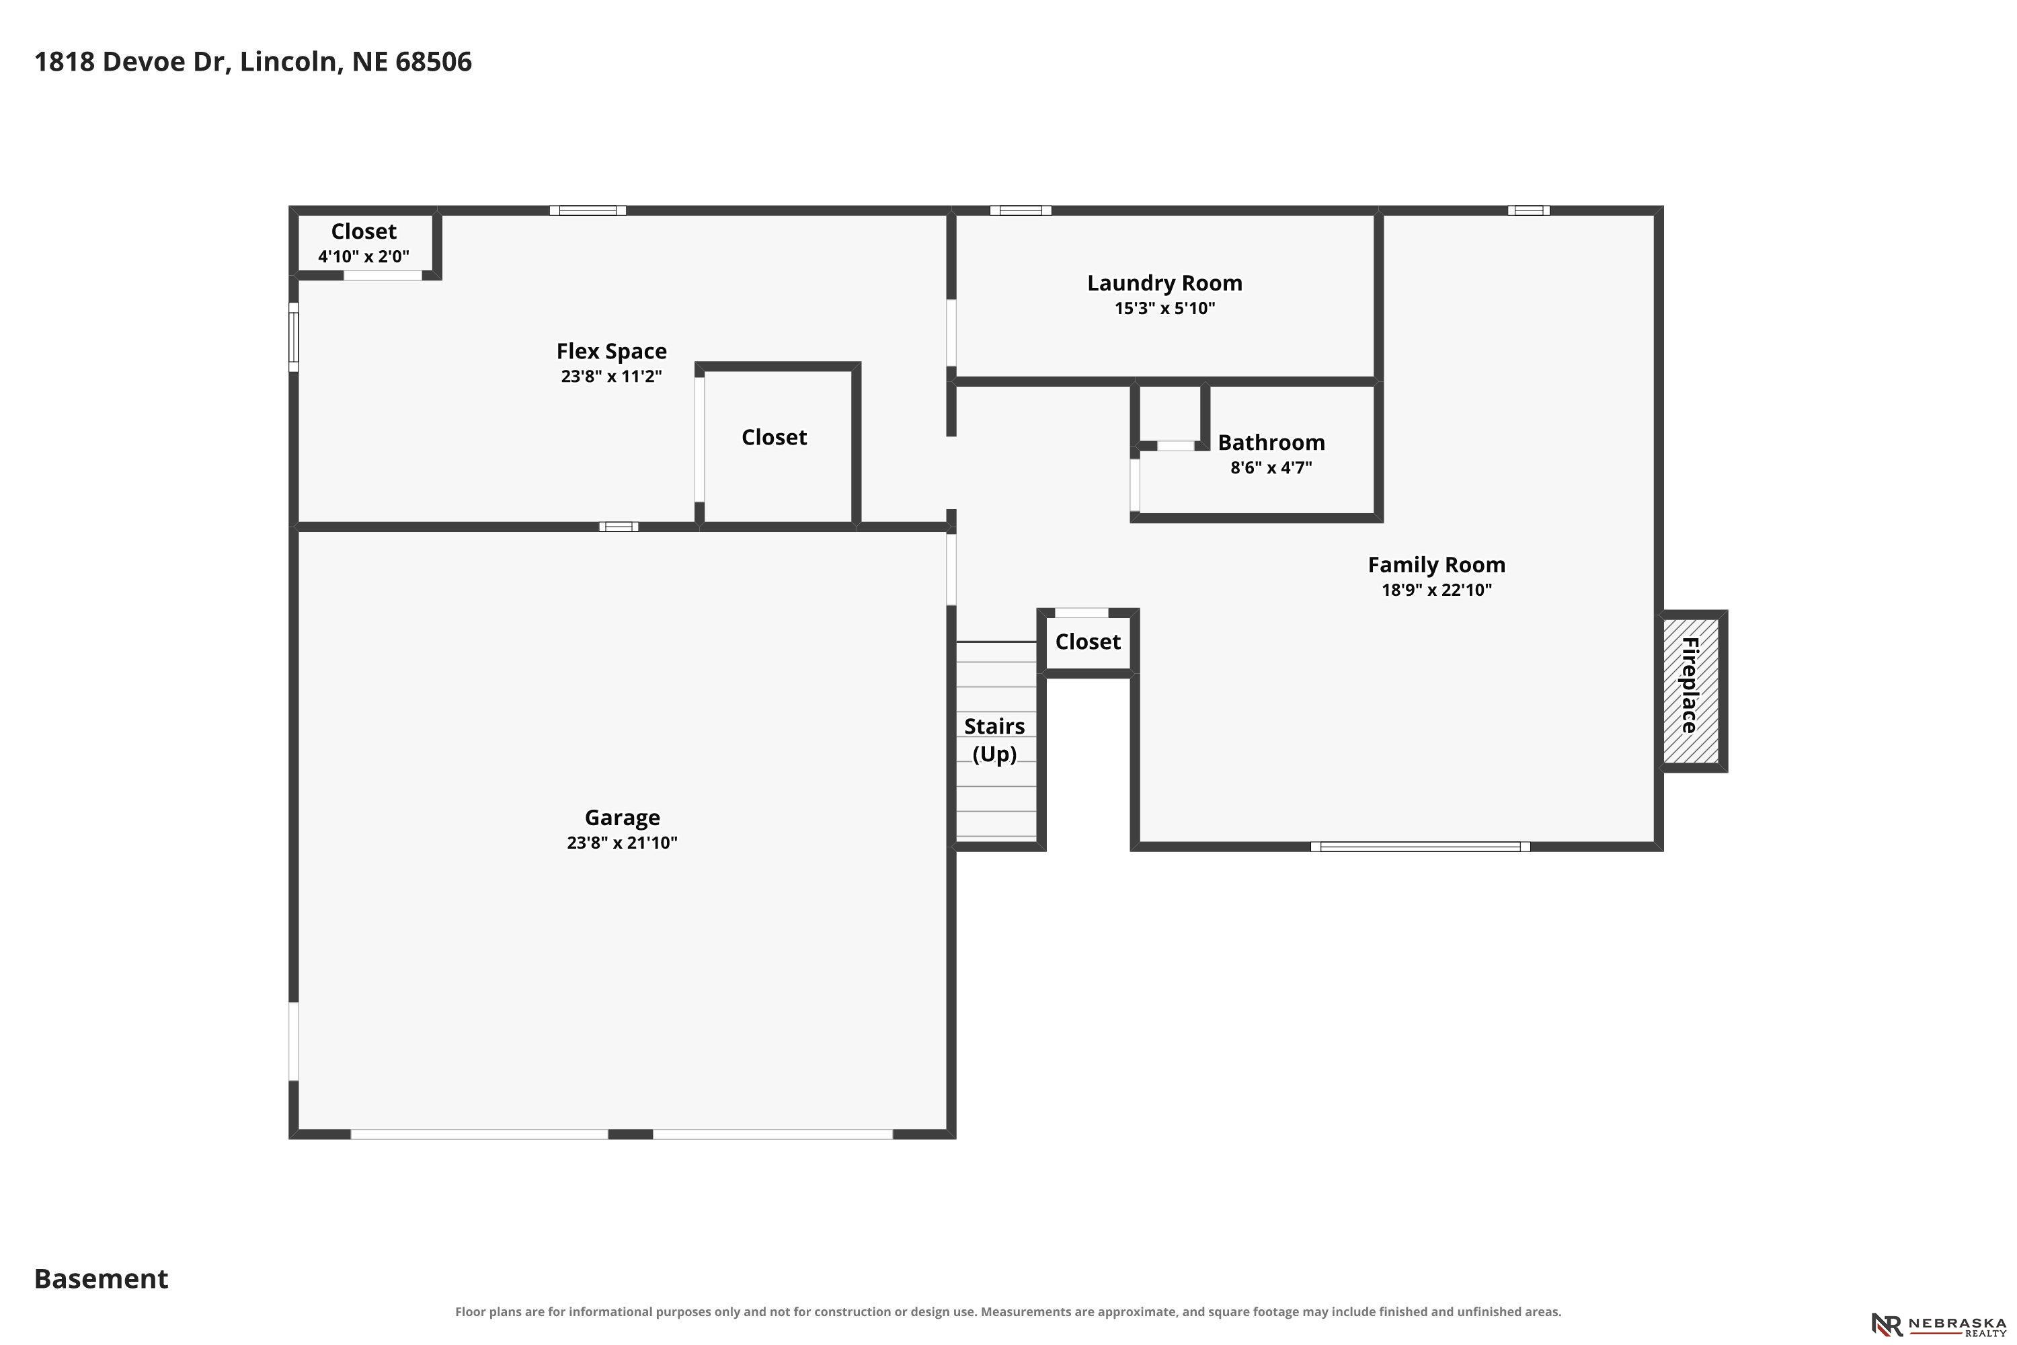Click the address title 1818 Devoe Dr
(253, 62)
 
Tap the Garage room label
(622, 818)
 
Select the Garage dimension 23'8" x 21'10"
(622, 843)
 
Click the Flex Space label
(611, 352)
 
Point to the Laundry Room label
(1164, 283)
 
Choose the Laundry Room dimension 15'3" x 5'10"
(1164, 308)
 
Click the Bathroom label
(1271, 443)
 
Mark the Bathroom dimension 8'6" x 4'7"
(1271, 467)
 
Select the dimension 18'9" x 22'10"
(1436, 589)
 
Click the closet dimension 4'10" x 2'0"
(364, 256)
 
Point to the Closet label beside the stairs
(1087, 642)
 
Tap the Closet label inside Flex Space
(775, 438)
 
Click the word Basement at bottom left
(102, 1279)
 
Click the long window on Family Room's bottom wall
(1420, 847)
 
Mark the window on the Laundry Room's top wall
(1021, 210)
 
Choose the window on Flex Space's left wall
(293, 337)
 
